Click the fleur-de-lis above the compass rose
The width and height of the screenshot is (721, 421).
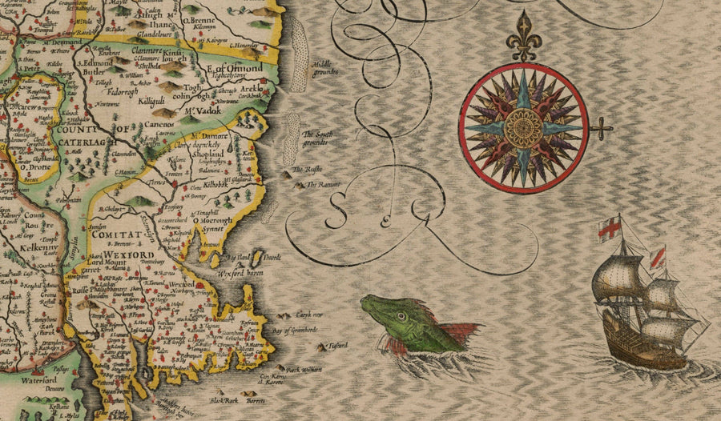[x=523, y=35]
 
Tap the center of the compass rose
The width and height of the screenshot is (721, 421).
[x=523, y=127]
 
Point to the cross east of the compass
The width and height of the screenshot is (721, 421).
[x=602, y=127]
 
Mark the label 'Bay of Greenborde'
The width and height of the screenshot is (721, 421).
[x=295, y=330]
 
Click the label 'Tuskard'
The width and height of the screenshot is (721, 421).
[x=337, y=345]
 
